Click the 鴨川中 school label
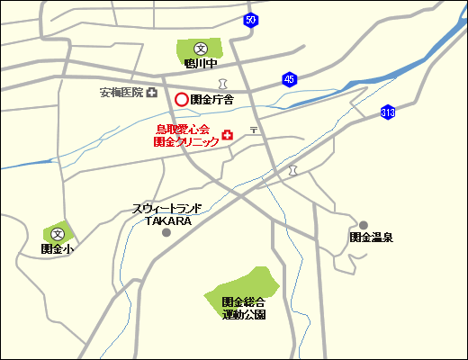click(x=200, y=64)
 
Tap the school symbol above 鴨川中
click(x=200, y=49)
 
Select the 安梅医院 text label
click(x=121, y=93)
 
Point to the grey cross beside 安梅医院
click(x=152, y=93)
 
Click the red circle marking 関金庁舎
click(x=181, y=100)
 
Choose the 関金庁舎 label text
click(x=211, y=100)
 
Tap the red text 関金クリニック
click(x=186, y=141)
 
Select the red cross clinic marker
click(x=227, y=136)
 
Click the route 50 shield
click(x=250, y=20)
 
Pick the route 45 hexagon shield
click(x=289, y=79)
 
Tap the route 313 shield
click(x=388, y=112)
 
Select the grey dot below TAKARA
click(x=166, y=233)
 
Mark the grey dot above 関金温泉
click(x=364, y=225)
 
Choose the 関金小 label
click(x=56, y=248)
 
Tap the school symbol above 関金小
click(x=59, y=233)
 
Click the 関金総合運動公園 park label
click(x=244, y=309)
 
